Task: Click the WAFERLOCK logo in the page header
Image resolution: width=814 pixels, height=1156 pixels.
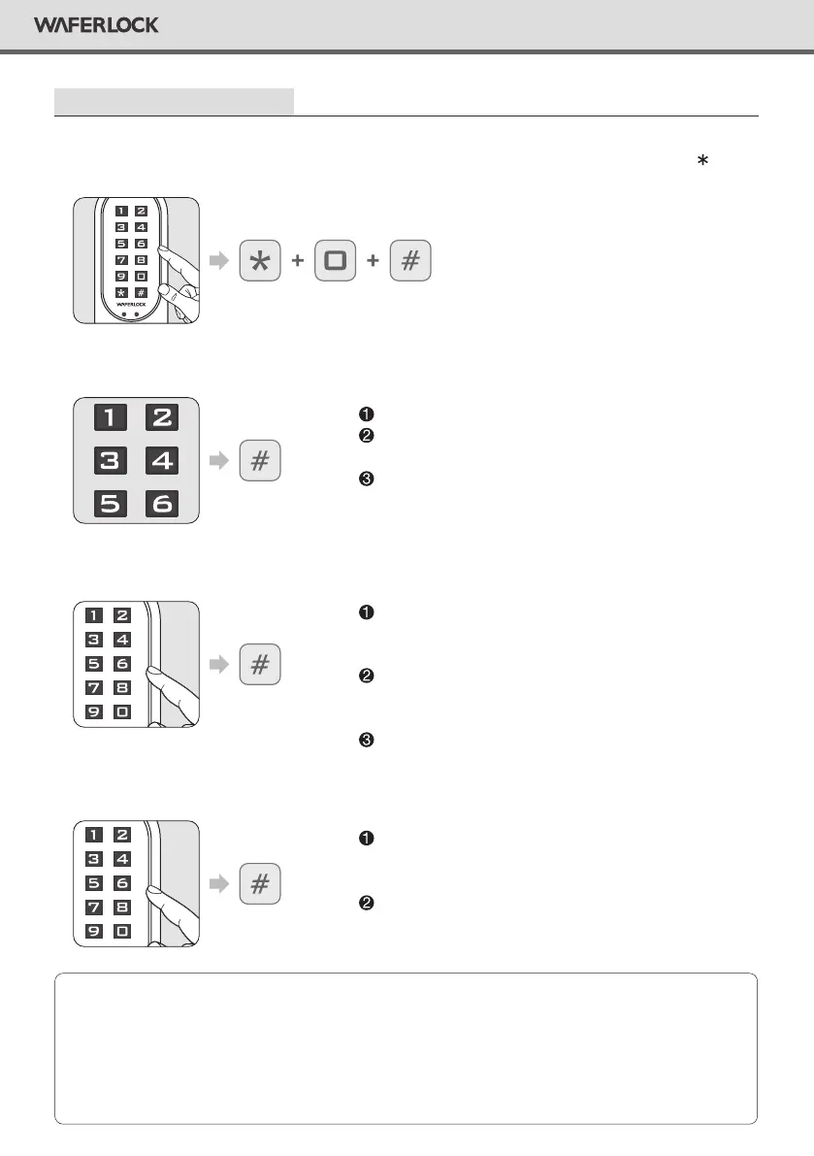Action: [96, 25]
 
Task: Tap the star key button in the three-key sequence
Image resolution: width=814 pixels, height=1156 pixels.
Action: [259, 262]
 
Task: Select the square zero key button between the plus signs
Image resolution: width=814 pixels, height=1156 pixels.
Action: [336, 262]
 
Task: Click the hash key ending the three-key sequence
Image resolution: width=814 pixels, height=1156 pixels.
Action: [410, 262]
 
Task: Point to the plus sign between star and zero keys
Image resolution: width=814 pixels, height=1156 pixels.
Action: [298, 263]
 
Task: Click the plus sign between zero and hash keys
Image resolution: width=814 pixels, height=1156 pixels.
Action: [373, 263]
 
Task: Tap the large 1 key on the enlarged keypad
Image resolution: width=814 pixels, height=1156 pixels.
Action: [110, 417]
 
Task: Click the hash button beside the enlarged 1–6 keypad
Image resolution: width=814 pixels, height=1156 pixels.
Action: [259, 461]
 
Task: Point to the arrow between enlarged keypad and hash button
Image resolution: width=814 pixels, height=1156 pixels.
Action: [219, 461]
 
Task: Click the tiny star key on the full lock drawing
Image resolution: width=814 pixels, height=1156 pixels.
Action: [119, 291]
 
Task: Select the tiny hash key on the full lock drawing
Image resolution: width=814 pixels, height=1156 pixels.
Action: [141, 291]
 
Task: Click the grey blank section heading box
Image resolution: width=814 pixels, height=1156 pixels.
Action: [174, 101]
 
